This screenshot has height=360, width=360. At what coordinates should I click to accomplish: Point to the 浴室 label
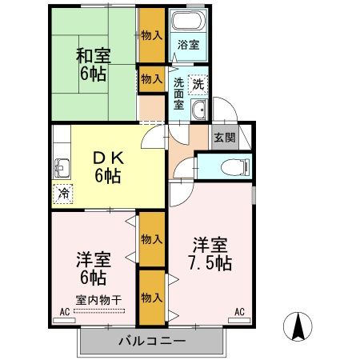click(188, 45)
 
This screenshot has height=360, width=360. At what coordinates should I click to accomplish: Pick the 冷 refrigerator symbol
click(62, 193)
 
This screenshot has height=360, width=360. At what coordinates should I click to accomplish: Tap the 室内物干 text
click(98, 300)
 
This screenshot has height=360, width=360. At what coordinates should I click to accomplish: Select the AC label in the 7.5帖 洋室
click(239, 313)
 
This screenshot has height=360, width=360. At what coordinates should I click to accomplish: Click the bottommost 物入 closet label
click(151, 298)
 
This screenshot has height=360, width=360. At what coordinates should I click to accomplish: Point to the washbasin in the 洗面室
click(200, 111)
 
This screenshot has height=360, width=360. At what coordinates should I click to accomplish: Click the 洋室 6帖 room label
click(92, 269)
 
